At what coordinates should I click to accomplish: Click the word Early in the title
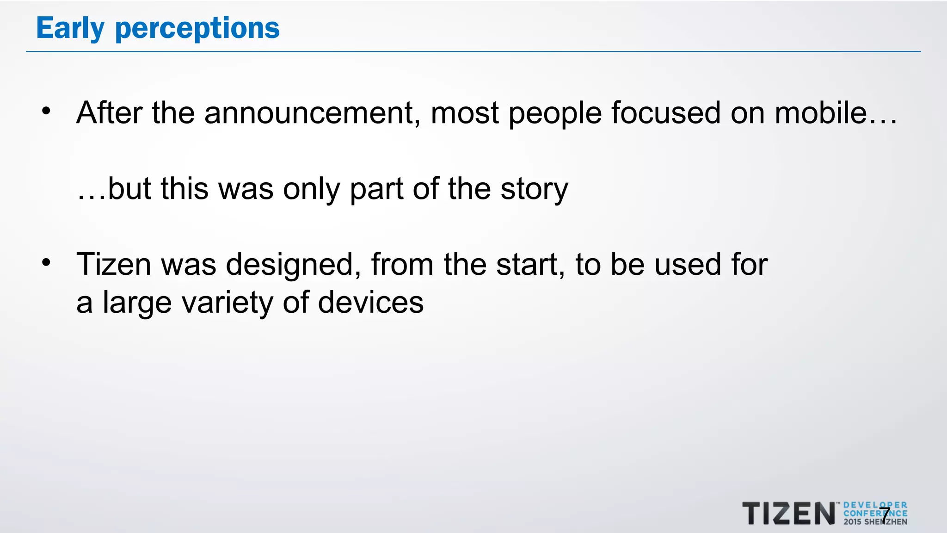click(70, 29)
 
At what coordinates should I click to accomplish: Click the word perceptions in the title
click(197, 29)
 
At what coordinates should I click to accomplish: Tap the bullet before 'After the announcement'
click(46, 111)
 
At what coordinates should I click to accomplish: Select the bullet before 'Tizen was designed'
click(46, 262)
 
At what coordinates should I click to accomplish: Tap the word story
click(535, 190)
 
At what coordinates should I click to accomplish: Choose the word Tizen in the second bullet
click(114, 265)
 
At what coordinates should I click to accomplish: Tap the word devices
click(371, 303)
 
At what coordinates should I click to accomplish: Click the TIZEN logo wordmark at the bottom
click(789, 514)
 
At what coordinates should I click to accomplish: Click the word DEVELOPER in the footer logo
click(875, 505)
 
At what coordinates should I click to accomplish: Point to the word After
click(109, 113)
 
